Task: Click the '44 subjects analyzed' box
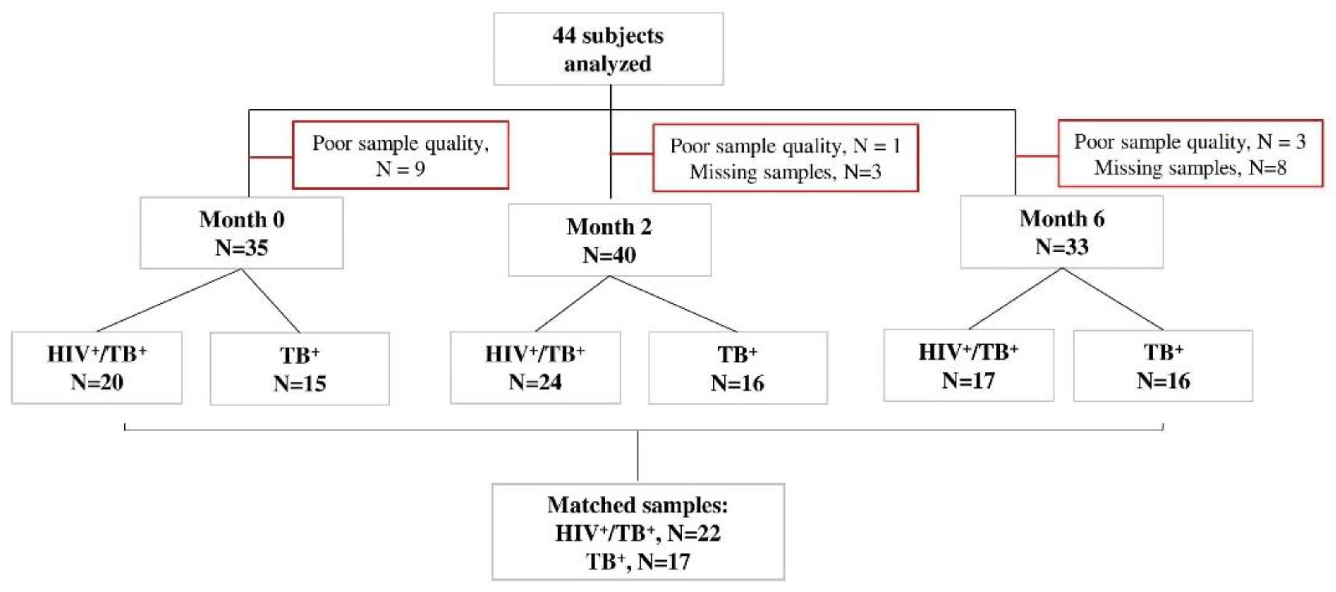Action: (x=608, y=49)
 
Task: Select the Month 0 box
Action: (x=241, y=233)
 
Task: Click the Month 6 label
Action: (x=1062, y=218)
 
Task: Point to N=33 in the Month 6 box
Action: (x=1062, y=247)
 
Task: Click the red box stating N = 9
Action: (x=401, y=155)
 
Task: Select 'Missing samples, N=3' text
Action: (x=785, y=172)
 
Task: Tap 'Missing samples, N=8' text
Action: (x=1190, y=168)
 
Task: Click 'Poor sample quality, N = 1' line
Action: (x=785, y=146)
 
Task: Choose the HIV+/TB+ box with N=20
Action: (x=96, y=368)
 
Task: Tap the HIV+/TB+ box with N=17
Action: (x=968, y=366)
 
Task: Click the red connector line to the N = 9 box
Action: (x=271, y=157)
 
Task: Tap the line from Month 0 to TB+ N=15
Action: (x=271, y=301)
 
